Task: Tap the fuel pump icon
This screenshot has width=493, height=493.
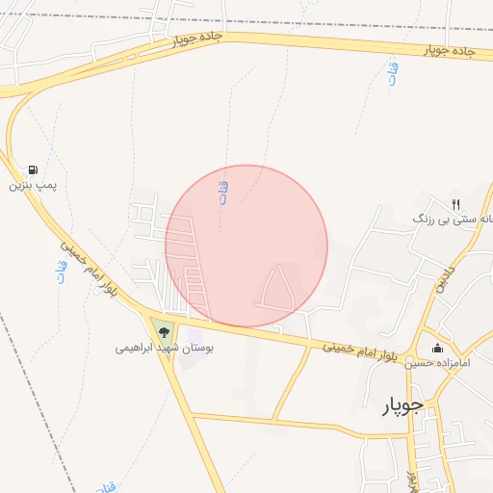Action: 35,169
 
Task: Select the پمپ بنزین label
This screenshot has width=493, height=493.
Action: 28,183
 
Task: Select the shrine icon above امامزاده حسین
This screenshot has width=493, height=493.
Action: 438,348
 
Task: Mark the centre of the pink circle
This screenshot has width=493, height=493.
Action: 246,246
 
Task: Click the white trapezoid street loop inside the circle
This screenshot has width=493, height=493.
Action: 276,289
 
